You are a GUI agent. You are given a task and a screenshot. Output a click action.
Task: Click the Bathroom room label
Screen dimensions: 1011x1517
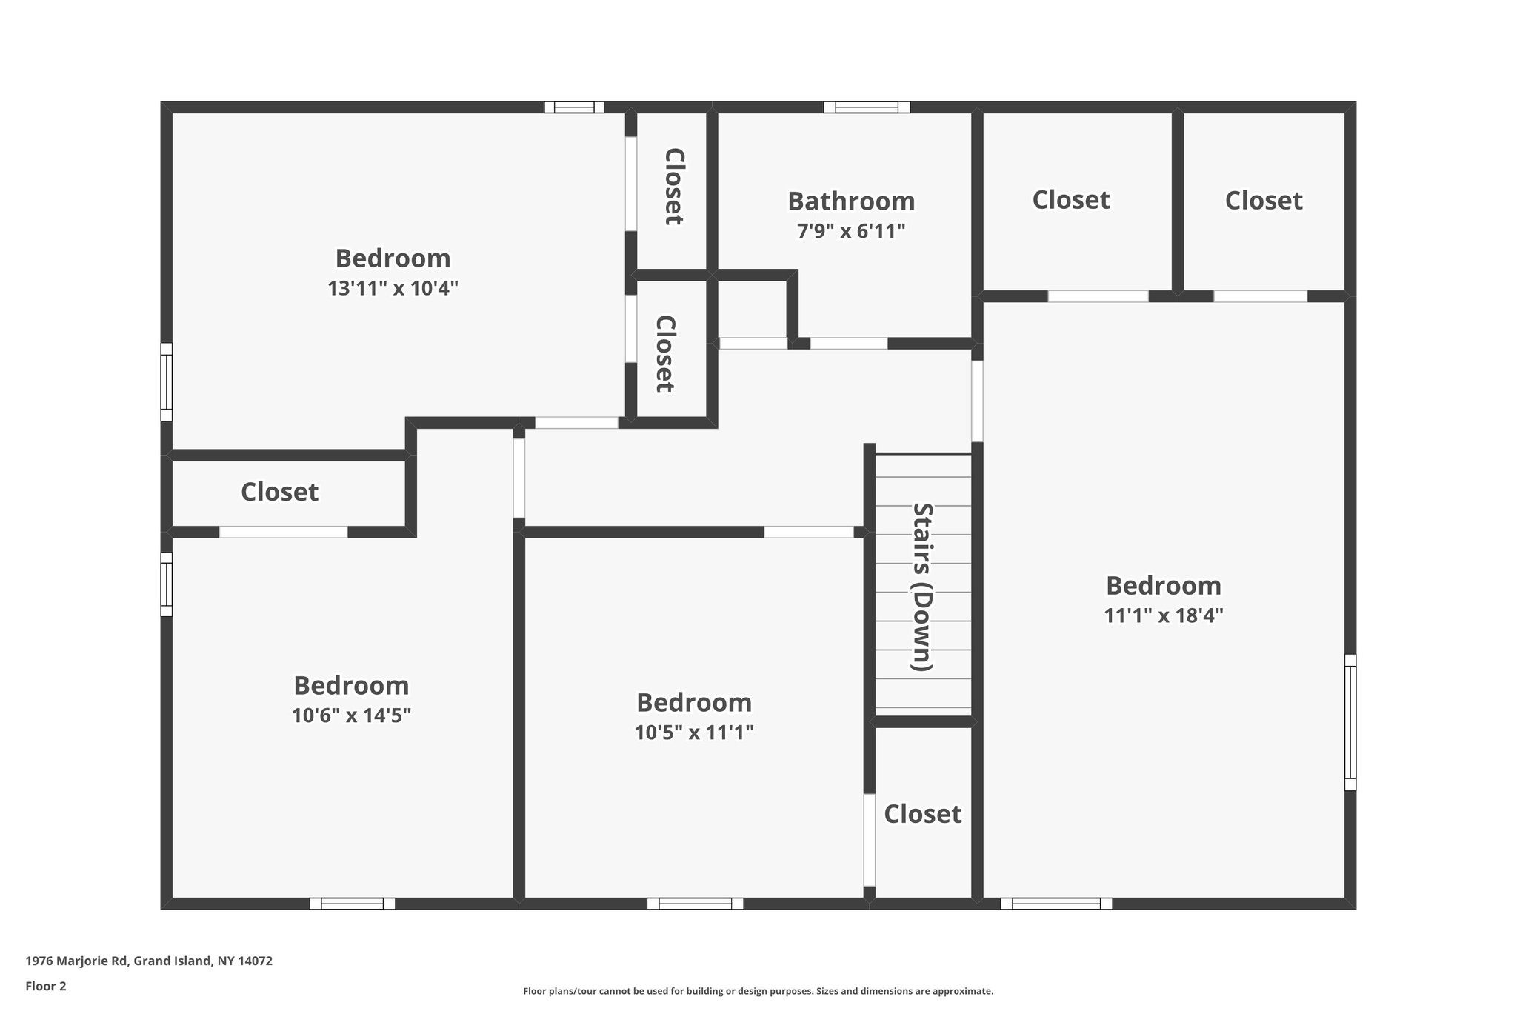point(851,201)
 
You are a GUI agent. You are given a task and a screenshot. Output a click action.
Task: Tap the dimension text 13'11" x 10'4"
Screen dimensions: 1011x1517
point(393,289)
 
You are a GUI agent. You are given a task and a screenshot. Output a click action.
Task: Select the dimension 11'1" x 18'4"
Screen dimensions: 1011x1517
point(1163,616)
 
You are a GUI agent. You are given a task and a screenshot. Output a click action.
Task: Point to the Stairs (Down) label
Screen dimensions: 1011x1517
point(922,587)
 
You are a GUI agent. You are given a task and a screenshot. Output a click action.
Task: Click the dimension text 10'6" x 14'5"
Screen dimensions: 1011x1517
point(351,716)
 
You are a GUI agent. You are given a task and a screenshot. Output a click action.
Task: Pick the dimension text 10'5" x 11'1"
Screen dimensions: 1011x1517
point(694,733)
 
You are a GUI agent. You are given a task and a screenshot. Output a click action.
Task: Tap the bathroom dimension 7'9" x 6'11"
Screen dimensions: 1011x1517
point(851,232)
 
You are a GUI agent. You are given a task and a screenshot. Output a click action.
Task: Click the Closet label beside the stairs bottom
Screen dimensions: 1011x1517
point(922,814)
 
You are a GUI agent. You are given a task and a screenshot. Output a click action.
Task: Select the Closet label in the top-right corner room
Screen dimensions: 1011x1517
point(1263,201)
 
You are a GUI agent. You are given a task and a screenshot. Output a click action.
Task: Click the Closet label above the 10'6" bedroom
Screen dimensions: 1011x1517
point(279,492)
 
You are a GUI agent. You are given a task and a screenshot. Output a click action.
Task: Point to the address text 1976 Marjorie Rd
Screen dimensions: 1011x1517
point(149,961)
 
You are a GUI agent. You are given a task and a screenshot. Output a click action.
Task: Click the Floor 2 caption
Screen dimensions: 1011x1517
point(46,987)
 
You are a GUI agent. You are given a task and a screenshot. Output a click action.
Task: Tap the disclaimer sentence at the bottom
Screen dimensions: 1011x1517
point(758,991)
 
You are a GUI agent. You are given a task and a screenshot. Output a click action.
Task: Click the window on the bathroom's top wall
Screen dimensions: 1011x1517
point(867,107)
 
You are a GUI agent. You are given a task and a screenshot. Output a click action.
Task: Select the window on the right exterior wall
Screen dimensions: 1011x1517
point(1350,722)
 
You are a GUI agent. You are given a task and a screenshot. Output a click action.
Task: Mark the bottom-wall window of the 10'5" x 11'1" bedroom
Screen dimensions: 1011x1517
point(695,904)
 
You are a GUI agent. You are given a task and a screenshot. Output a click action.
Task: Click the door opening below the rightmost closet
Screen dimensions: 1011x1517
point(1260,296)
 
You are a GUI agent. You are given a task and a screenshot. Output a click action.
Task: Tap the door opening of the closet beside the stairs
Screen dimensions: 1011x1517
point(870,840)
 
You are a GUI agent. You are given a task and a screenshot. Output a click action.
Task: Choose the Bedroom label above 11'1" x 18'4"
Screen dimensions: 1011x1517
point(1163,586)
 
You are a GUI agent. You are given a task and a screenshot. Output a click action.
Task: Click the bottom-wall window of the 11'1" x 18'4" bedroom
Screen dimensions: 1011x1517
point(1056,904)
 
